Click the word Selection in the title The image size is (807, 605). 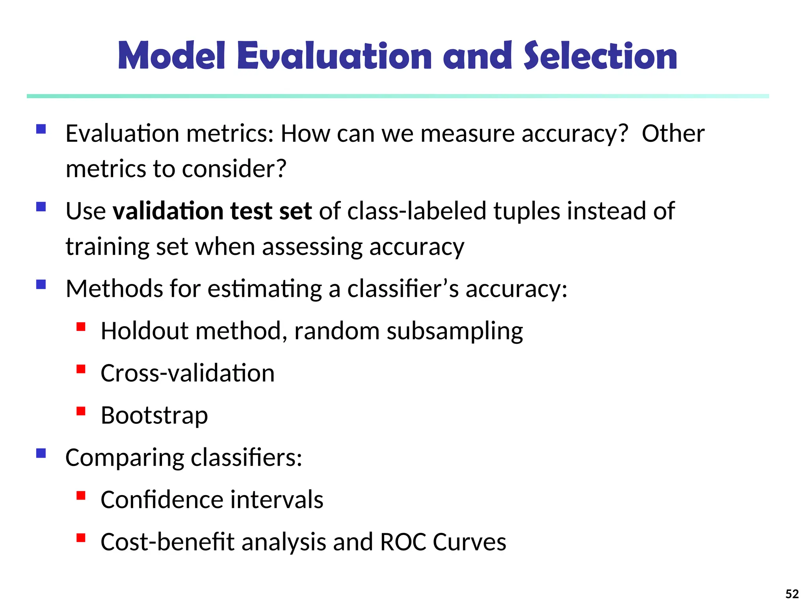click(x=600, y=56)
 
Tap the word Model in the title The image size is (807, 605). click(x=171, y=56)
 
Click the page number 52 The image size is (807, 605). click(x=792, y=594)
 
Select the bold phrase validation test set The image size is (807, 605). click(x=212, y=211)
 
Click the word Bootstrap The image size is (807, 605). click(x=154, y=416)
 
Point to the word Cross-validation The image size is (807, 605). click(x=187, y=373)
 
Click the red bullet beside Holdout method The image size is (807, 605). click(x=81, y=327)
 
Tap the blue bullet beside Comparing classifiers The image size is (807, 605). click(x=41, y=453)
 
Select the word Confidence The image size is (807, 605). click(x=162, y=500)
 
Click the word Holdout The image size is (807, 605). click(x=144, y=331)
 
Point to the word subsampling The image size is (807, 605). click(x=454, y=332)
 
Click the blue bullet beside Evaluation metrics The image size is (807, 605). click(x=41, y=129)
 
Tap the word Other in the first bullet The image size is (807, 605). click(x=673, y=134)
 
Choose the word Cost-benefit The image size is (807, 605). click(x=167, y=542)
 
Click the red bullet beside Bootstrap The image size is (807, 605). click(x=81, y=411)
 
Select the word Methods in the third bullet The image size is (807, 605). click(x=114, y=289)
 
